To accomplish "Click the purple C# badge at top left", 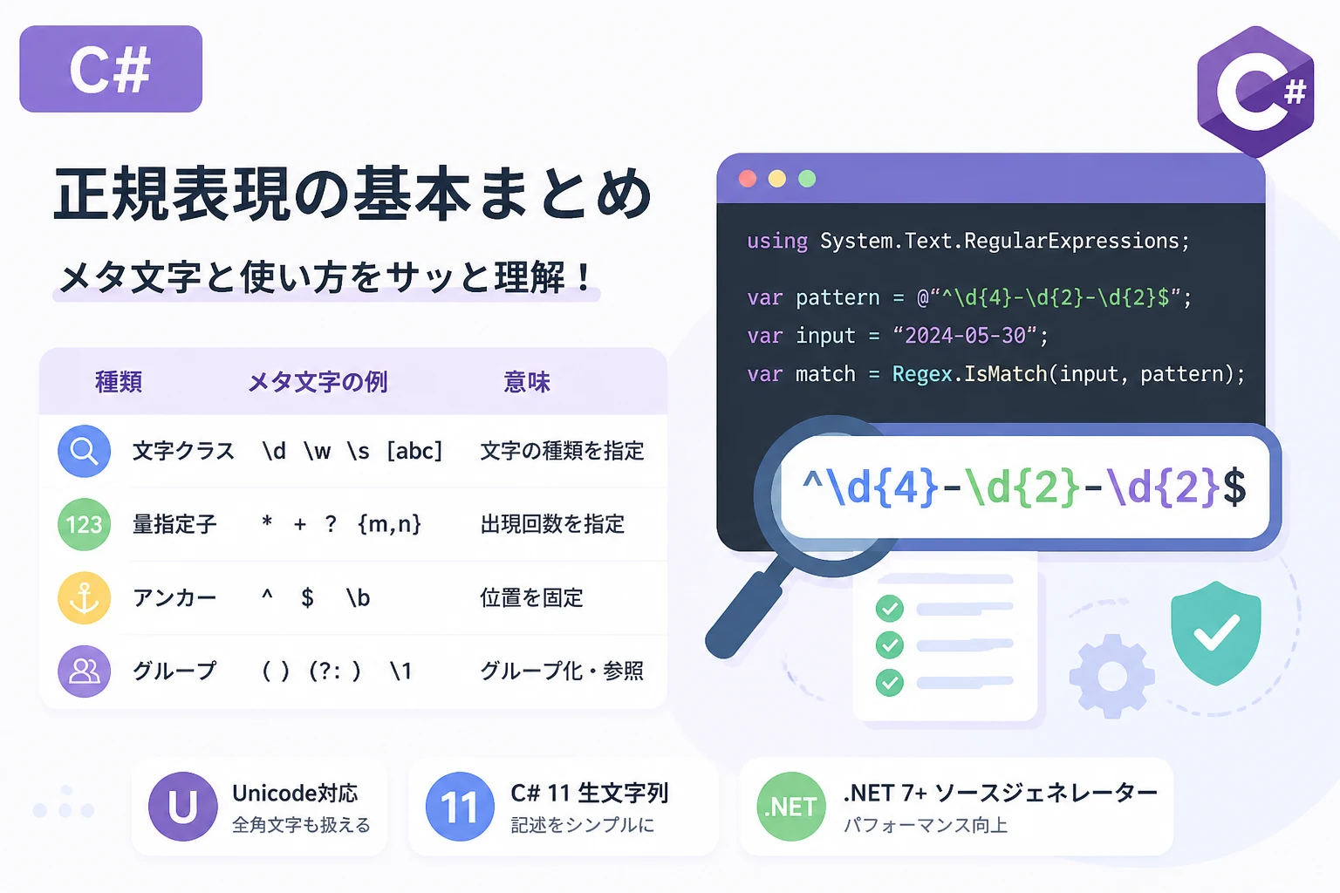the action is coord(111,69).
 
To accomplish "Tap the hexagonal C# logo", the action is coord(1255,91).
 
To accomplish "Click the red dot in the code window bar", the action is coord(748,178).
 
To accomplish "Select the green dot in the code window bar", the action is coord(807,178).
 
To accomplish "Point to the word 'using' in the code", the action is coord(777,241).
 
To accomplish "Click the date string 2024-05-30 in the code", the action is coord(965,336).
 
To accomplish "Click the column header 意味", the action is coord(526,382).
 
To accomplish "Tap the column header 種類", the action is coord(119,382).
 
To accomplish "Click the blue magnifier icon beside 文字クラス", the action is coord(85,451).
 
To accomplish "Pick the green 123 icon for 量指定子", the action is coord(85,525).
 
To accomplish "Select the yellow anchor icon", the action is coord(85,598).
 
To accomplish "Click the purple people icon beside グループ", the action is coord(85,671).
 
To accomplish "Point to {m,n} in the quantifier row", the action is coord(389,524).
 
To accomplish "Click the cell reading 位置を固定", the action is coord(531,597).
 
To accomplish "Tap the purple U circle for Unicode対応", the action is coord(183,807).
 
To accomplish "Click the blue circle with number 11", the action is coord(460,807).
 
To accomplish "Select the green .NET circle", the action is coord(791,807).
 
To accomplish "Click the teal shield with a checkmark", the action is coord(1215,633).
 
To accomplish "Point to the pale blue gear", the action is coord(1112,676).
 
